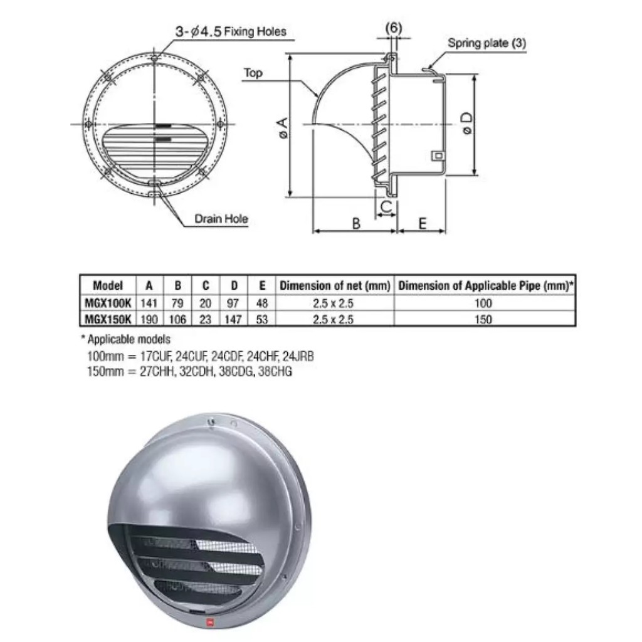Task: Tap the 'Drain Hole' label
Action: click(221, 219)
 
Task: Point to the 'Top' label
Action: click(253, 73)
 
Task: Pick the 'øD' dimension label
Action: click(466, 124)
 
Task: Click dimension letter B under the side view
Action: click(355, 224)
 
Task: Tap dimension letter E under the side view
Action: click(422, 224)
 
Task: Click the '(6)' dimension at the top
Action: click(394, 28)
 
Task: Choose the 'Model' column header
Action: click(107, 285)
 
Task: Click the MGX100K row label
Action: click(107, 303)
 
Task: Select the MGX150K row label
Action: click(107, 319)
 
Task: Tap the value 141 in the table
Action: click(149, 303)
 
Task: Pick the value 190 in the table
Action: click(149, 319)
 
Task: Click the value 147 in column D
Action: click(233, 319)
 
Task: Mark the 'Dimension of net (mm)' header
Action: click(335, 285)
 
